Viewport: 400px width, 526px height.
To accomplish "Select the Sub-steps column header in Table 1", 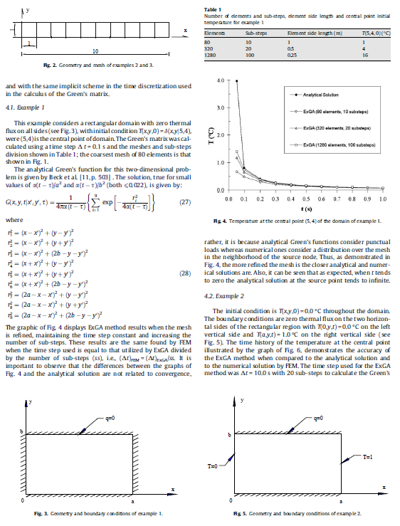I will (x=255, y=33).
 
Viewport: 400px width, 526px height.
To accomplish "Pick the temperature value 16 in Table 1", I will (x=365, y=53).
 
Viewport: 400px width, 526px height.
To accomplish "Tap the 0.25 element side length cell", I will (x=310, y=53).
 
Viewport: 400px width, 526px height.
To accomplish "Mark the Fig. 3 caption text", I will (x=104, y=513).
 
